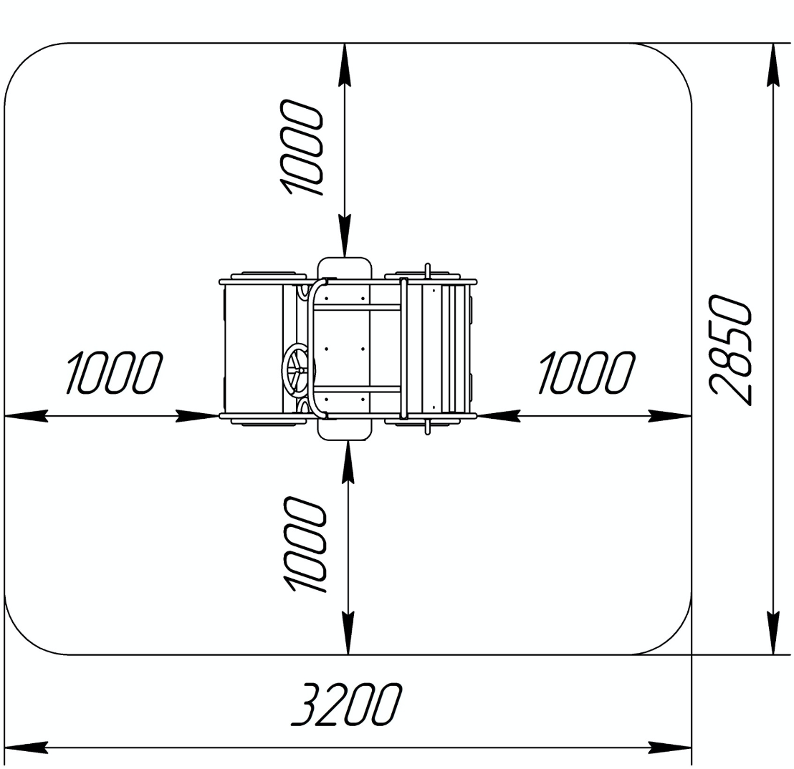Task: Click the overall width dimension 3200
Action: pos(347,705)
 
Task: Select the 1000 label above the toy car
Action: pos(301,147)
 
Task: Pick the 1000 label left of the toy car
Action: pos(115,373)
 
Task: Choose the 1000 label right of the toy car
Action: pos(586,373)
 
